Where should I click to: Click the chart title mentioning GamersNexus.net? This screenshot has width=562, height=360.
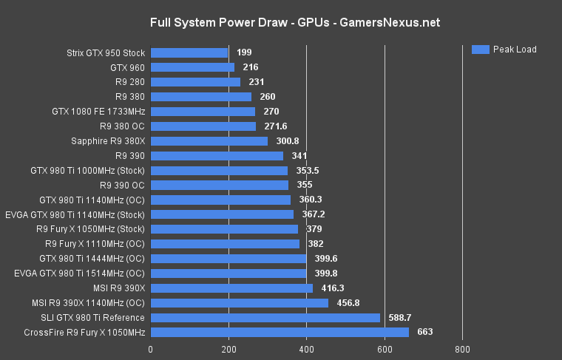(295, 22)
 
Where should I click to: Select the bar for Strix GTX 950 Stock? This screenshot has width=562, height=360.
(189, 52)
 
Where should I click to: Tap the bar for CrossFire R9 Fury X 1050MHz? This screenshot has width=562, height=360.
(280, 332)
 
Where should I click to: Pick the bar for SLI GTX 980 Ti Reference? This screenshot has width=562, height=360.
(265, 317)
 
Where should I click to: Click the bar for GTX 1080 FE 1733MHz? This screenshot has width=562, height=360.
(203, 112)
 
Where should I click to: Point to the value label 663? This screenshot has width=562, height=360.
(425, 332)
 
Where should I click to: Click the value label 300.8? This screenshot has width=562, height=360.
(289, 141)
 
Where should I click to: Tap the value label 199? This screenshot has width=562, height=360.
(245, 52)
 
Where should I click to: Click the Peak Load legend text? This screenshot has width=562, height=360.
(515, 50)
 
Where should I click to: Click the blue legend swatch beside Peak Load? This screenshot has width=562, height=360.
(481, 50)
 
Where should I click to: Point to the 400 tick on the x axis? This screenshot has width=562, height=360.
(306, 349)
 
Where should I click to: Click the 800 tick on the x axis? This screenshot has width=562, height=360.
(462, 349)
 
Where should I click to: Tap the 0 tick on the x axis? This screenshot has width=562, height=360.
(151, 349)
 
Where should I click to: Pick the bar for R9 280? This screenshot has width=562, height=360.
(195, 82)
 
